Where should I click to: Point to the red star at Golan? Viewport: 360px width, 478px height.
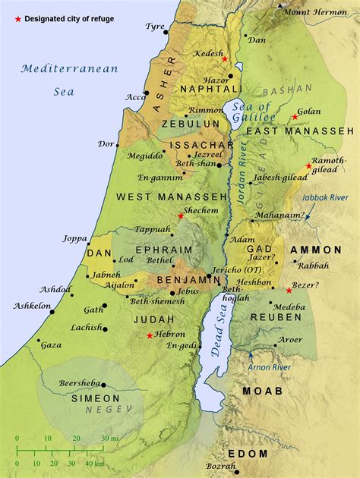tap(295, 117)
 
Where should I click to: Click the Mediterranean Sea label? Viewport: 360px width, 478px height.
tap(69, 79)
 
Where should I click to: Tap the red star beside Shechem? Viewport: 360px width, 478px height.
tap(180, 216)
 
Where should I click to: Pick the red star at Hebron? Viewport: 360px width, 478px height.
tap(150, 335)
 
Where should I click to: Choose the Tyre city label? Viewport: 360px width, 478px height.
tap(156, 26)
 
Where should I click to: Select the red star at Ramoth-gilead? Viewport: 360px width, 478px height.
tap(308, 166)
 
